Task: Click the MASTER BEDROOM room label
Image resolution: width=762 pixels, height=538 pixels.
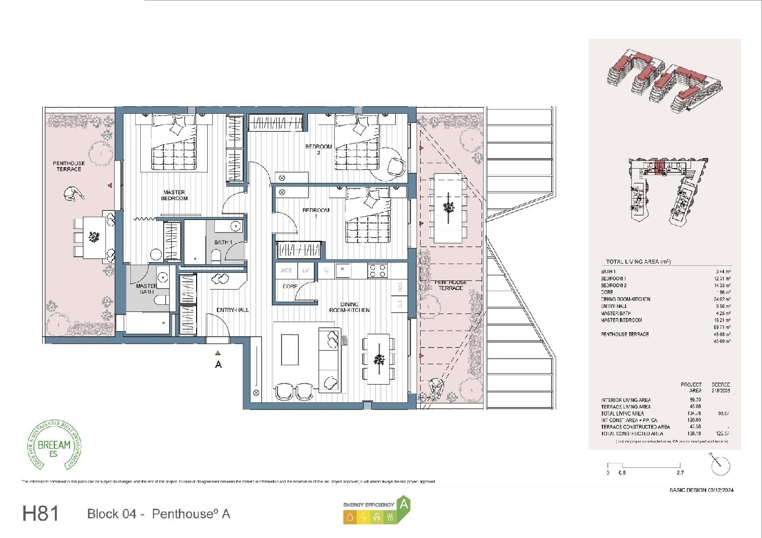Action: pyautogui.click(x=174, y=196)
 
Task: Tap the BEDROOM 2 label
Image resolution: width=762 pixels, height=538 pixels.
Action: pyautogui.click(x=319, y=149)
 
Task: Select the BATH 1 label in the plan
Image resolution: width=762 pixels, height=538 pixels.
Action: pyautogui.click(x=223, y=242)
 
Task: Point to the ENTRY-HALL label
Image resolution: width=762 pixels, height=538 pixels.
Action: pyautogui.click(x=233, y=310)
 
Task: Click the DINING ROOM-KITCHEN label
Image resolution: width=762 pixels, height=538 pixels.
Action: pyautogui.click(x=350, y=307)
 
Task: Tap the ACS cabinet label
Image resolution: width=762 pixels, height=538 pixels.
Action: pyautogui.click(x=286, y=271)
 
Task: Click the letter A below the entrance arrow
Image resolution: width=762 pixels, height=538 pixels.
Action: pyautogui.click(x=218, y=365)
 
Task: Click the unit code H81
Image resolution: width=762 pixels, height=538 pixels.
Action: pyautogui.click(x=41, y=514)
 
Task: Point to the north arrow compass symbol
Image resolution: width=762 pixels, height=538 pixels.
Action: pyautogui.click(x=720, y=464)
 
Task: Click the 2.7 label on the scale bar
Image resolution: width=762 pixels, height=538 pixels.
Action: pyautogui.click(x=680, y=473)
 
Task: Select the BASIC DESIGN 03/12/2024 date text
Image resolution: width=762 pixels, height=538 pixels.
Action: pyautogui.click(x=702, y=490)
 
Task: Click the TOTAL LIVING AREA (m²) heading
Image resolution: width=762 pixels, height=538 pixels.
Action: pyautogui.click(x=638, y=262)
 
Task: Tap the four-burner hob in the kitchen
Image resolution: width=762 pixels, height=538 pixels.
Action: pyautogui.click(x=377, y=271)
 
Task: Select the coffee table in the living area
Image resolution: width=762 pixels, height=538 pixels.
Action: pyautogui.click(x=290, y=349)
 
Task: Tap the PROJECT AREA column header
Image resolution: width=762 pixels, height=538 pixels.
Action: pyautogui.click(x=691, y=388)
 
